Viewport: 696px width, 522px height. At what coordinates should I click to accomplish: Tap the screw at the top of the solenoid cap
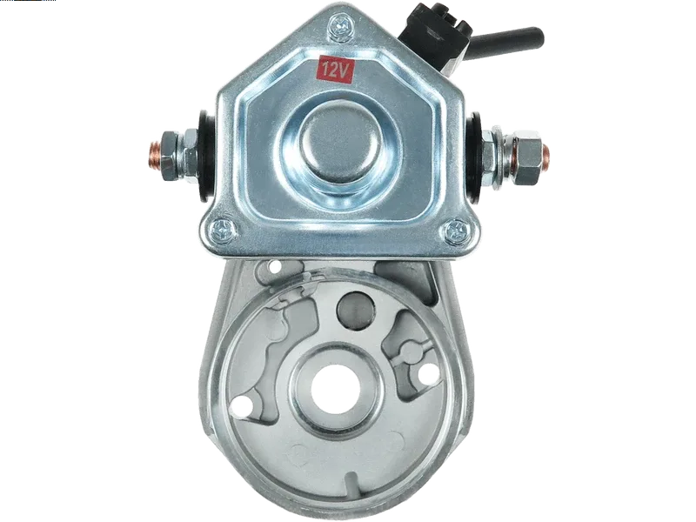(340, 27)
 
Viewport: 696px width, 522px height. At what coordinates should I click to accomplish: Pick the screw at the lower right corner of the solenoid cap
(457, 231)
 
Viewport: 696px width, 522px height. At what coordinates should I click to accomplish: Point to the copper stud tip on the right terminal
(545, 155)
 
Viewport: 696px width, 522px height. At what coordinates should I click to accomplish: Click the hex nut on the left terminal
(169, 155)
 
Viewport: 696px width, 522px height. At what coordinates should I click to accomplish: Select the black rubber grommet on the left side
(205, 156)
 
